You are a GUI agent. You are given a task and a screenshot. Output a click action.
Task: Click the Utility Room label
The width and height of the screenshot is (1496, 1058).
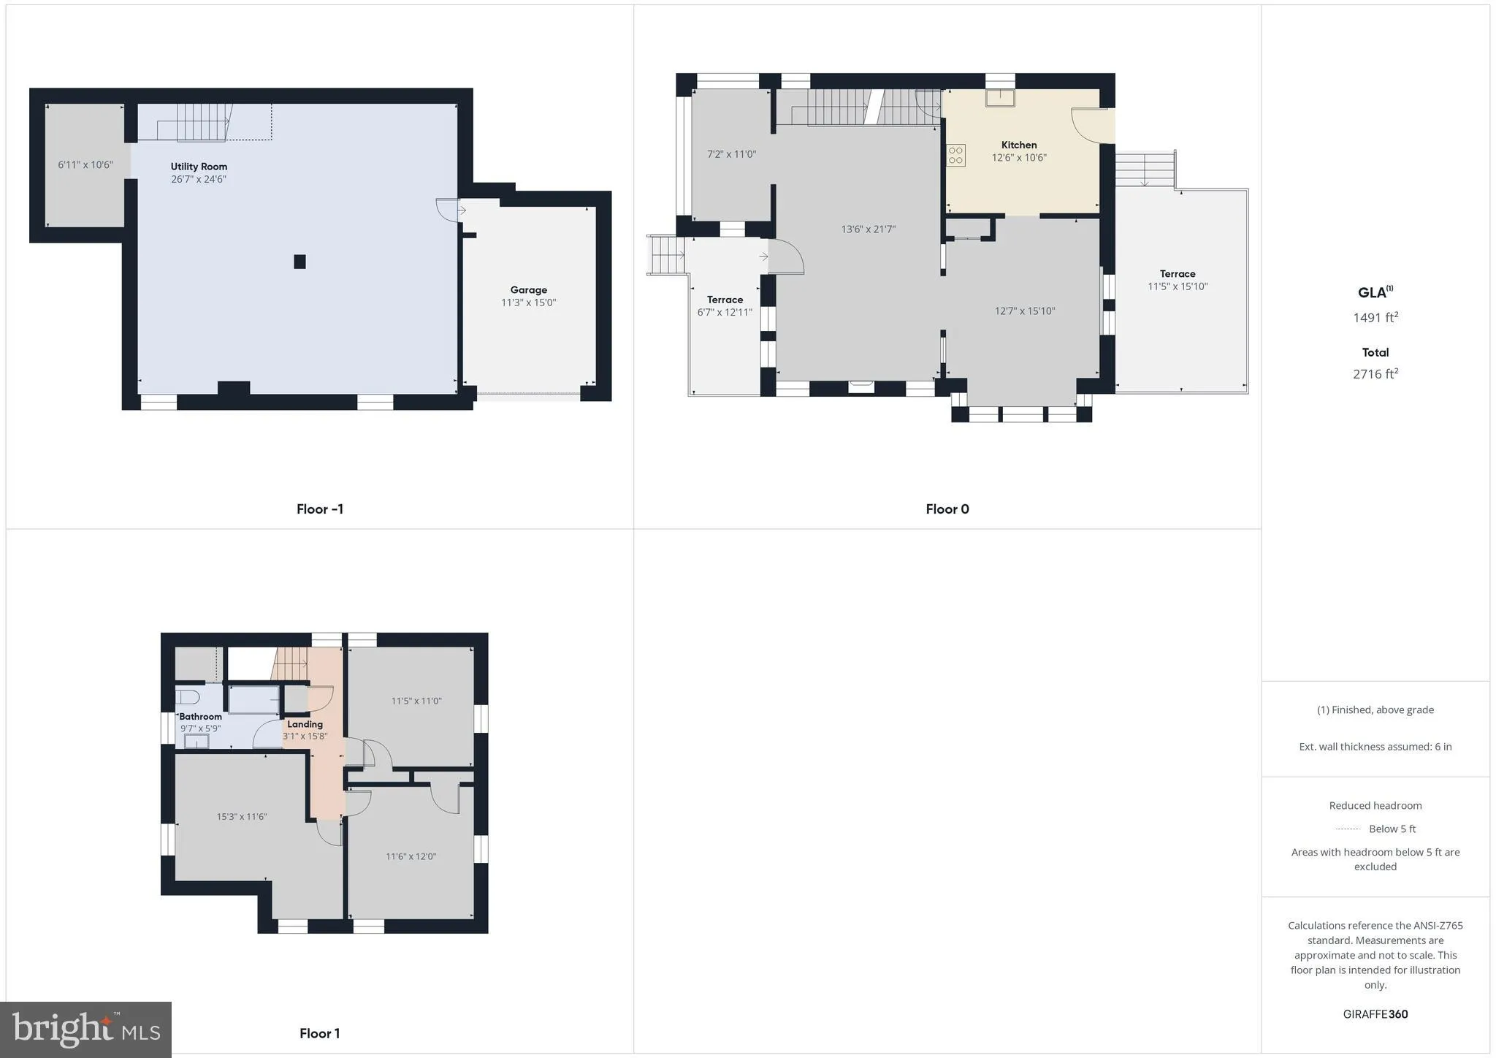click(x=199, y=167)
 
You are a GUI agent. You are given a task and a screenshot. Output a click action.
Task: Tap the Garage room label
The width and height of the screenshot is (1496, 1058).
click(x=528, y=290)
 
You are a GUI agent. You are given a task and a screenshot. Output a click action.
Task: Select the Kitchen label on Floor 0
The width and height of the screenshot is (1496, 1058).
click(x=1018, y=145)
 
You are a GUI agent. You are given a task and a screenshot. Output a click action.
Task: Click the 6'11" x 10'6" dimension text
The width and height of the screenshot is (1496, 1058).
click(x=85, y=165)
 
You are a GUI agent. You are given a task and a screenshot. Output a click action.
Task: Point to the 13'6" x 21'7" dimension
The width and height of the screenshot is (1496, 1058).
click(x=868, y=229)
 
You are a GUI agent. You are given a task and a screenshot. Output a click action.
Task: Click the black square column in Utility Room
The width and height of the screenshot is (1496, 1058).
click(x=299, y=262)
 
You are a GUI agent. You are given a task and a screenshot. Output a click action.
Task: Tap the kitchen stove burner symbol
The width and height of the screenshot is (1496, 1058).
click(x=955, y=156)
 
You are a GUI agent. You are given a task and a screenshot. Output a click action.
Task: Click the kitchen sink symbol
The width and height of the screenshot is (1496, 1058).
click(x=1000, y=98)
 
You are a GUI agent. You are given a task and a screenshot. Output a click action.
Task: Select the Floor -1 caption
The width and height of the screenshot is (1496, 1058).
click(x=319, y=509)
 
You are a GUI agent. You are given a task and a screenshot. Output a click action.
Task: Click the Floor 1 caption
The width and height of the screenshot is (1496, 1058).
click(x=319, y=1033)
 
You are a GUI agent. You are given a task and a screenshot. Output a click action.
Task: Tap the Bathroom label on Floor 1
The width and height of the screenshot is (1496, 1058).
click(x=200, y=717)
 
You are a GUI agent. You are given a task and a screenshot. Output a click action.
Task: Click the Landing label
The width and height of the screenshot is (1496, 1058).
click(x=305, y=724)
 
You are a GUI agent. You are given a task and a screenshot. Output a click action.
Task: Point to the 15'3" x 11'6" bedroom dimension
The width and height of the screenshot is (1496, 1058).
click(x=241, y=817)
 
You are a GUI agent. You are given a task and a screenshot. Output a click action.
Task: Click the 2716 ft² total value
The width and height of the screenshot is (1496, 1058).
click(x=1375, y=374)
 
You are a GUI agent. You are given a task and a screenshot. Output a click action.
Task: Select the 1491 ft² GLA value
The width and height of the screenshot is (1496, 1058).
click(x=1375, y=318)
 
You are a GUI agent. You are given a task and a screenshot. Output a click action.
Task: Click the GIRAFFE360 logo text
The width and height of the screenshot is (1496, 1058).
click(x=1375, y=1014)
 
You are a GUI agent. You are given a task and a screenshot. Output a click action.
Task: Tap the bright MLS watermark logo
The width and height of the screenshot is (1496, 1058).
click(x=86, y=1030)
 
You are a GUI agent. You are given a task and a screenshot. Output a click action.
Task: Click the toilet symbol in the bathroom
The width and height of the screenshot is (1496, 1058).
click(x=188, y=696)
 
